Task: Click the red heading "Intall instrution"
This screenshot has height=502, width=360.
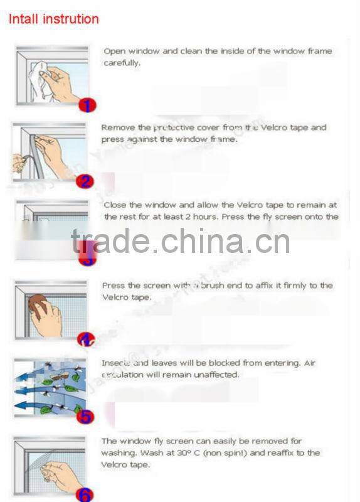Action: (x=53, y=19)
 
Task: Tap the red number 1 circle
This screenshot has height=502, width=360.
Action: (x=88, y=105)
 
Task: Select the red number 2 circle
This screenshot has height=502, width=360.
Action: (x=85, y=181)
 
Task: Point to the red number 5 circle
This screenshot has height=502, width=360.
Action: (x=86, y=415)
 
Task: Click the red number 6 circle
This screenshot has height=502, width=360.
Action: (x=86, y=494)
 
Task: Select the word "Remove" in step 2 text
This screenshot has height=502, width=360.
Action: (x=117, y=127)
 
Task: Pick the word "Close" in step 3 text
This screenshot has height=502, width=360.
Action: (x=115, y=205)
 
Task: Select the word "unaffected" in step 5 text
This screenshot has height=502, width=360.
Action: (x=216, y=375)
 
